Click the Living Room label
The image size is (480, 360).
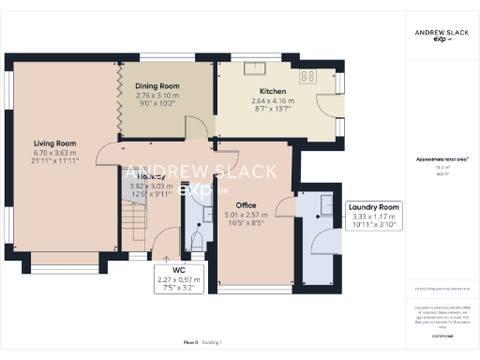coord(55,143)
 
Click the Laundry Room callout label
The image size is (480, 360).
coord(374,207)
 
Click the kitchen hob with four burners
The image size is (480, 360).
coord(307,74)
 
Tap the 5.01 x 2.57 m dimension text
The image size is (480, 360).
coord(246,215)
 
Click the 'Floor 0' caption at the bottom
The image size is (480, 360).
coord(190,344)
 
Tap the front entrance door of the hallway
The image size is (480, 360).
coord(167,254)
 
